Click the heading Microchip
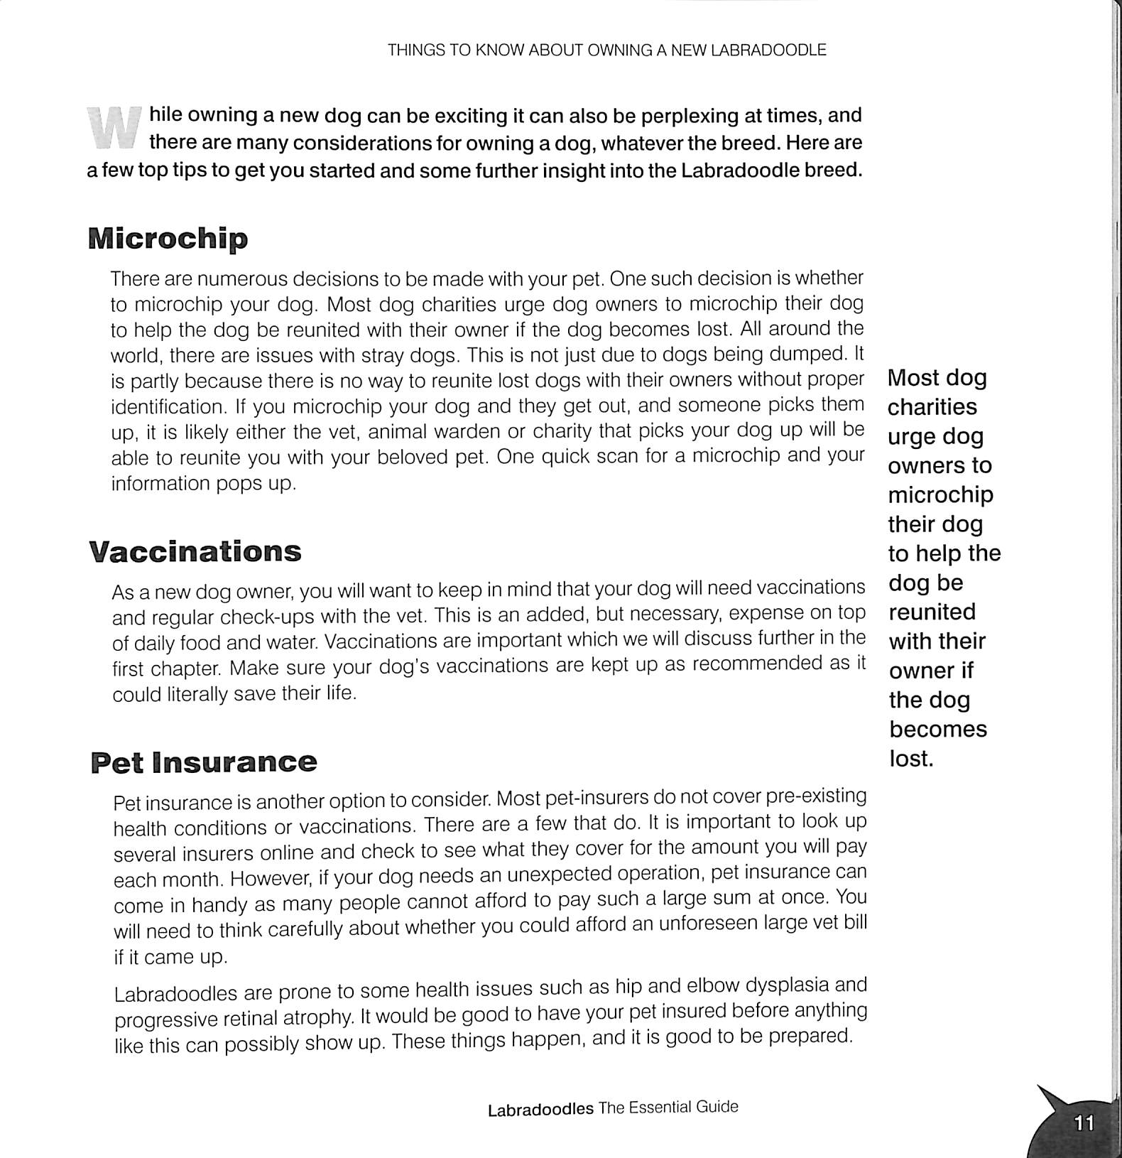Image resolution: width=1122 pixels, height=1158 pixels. click(168, 239)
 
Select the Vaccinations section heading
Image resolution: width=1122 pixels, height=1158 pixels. click(195, 552)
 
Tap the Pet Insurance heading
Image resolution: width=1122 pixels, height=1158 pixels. click(204, 762)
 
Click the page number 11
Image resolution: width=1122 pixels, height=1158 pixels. click(1084, 1123)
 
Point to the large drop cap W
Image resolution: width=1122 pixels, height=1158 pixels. click(114, 128)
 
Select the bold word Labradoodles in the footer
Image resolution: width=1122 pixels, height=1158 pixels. click(540, 1110)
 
